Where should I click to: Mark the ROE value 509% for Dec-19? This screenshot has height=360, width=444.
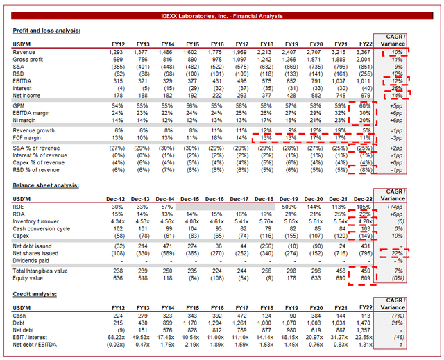289,207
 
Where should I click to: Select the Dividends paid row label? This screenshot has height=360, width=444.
34,261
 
